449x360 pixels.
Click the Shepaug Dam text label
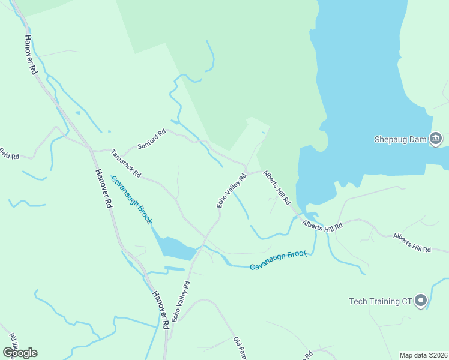click(x=400, y=139)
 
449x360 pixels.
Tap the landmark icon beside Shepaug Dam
click(x=436, y=139)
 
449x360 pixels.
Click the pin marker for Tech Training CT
click(x=421, y=300)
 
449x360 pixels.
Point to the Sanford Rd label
click(x=151, y=140)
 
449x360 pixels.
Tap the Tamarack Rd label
click(x=125, y=164)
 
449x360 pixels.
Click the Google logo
click(x=20, y=353)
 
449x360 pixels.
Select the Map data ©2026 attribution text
click(x=423, y=355)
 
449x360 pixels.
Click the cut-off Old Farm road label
click(x=240, y=349)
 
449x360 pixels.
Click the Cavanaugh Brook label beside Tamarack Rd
click(x=131, y=200)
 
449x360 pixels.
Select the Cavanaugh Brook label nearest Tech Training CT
click(x=279, y=260)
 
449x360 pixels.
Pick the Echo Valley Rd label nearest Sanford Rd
click(x=232, y=191)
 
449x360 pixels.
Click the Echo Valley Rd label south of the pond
click(x=181, y=301)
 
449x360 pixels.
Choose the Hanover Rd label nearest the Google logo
click(x=160, y=310)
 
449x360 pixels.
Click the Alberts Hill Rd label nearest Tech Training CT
click(x=412, y=242)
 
